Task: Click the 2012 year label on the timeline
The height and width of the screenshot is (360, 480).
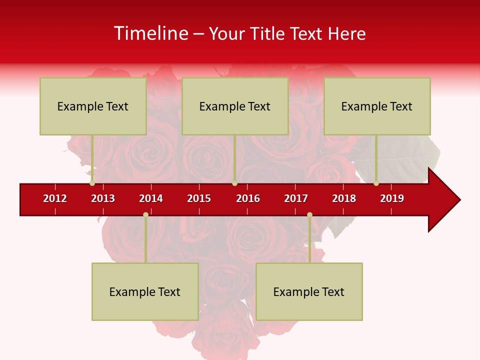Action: pos(55,198)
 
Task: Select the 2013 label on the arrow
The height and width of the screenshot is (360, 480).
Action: pos(103,198)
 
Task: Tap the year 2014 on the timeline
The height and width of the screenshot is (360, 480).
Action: pos(151,198)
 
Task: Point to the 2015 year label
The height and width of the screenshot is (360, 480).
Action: pos(199,198)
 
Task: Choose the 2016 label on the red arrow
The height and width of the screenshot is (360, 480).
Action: pos(248,198)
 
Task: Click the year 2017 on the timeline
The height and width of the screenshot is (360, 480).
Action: pos(296,198)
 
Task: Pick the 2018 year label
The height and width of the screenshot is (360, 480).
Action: pos(344,198)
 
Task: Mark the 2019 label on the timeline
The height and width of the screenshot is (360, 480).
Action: pos(392,198)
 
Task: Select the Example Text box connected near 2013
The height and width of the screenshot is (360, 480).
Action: pos(93,106)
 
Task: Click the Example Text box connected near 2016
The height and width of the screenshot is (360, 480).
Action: pos(235,106)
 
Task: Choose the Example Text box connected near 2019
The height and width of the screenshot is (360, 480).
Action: pos(377,106)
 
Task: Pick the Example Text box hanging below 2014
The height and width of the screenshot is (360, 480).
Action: pos(145,291)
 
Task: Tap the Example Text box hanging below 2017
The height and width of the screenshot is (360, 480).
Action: pos(309,291)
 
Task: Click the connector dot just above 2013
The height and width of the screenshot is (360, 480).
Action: pos(92,183)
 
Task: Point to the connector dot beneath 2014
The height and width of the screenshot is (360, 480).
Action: pos(145,214)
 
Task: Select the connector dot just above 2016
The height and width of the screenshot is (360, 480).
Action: pos(234,183)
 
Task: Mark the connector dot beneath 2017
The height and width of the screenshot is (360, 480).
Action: pos(309,214)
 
